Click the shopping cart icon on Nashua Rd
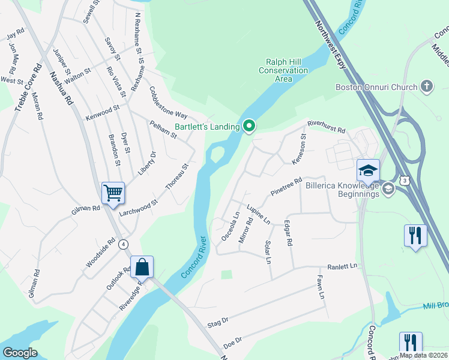[x=113, y=193]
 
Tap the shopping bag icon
[x=142, y=267]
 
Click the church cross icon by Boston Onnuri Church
[x=427, y=87]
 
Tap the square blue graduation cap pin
[x=368, y=170]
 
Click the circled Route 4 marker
[x=123, y=244]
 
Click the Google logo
[x=20, y=353]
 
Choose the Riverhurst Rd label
[x=327, y=126]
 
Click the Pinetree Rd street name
[x=286, y=186]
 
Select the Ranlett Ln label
[x=342, y=266]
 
